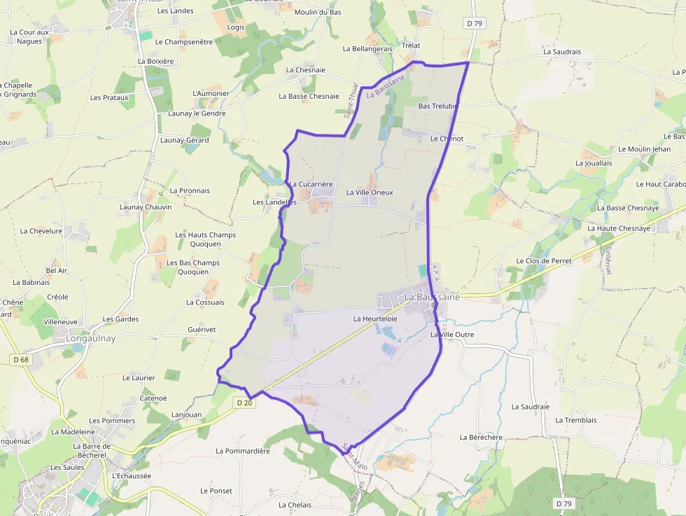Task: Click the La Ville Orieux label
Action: (370, 193)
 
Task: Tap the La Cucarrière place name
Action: (311, 185)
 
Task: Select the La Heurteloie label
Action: (375, 319)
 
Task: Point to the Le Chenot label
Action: (447, 139)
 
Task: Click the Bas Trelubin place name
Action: (437, 106)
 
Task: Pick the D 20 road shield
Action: (244, 403)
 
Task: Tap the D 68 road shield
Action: (21, 360)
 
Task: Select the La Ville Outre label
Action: (451, 335)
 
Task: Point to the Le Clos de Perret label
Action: (544, 260)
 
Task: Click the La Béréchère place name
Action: (481, 437)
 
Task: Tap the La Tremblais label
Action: (576, 420)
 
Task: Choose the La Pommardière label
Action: (243, 451)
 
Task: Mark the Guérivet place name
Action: (202, 329)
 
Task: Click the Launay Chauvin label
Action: (146, 207)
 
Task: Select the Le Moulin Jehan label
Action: (644, 149)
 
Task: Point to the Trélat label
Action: (411, 46)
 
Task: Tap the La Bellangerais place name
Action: (367, 49)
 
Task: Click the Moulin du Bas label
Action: (318, 13)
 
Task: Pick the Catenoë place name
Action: (153, 398)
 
